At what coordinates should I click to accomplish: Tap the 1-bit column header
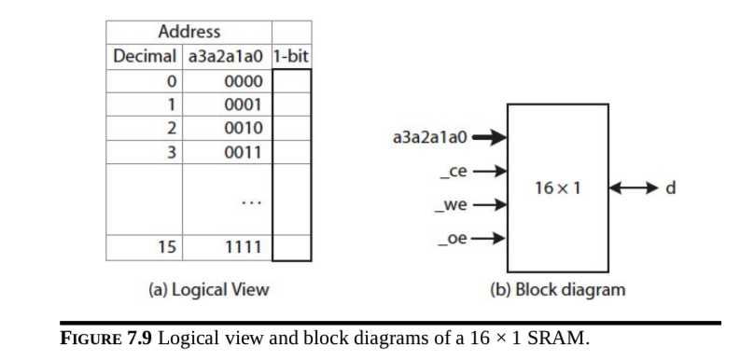click(x=291, y=56)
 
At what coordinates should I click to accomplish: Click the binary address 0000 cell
click(x=243, y=81)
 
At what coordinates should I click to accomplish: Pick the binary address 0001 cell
click(x=243, y=104)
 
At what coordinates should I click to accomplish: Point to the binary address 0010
click(x=243, y=128)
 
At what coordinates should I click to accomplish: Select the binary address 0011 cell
click(x=243, y=151)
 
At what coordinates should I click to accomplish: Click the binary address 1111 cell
click(x=243, y=248)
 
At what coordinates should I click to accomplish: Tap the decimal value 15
click(x=167, y=248)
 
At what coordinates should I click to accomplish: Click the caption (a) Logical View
click(x=208, y=289)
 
